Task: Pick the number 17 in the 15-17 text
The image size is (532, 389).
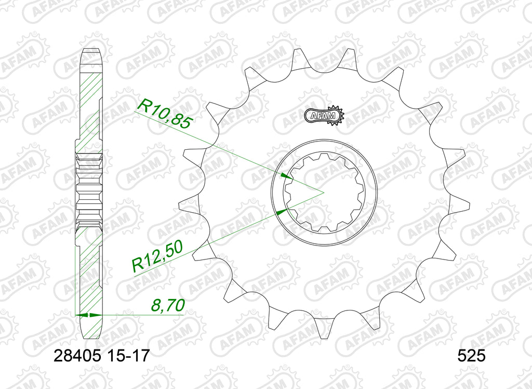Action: click(140, 356)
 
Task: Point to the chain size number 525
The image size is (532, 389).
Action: click(471, 356)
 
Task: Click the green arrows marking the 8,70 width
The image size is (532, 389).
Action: click(89, 315)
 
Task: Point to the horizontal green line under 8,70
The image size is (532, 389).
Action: click(140, 315)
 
